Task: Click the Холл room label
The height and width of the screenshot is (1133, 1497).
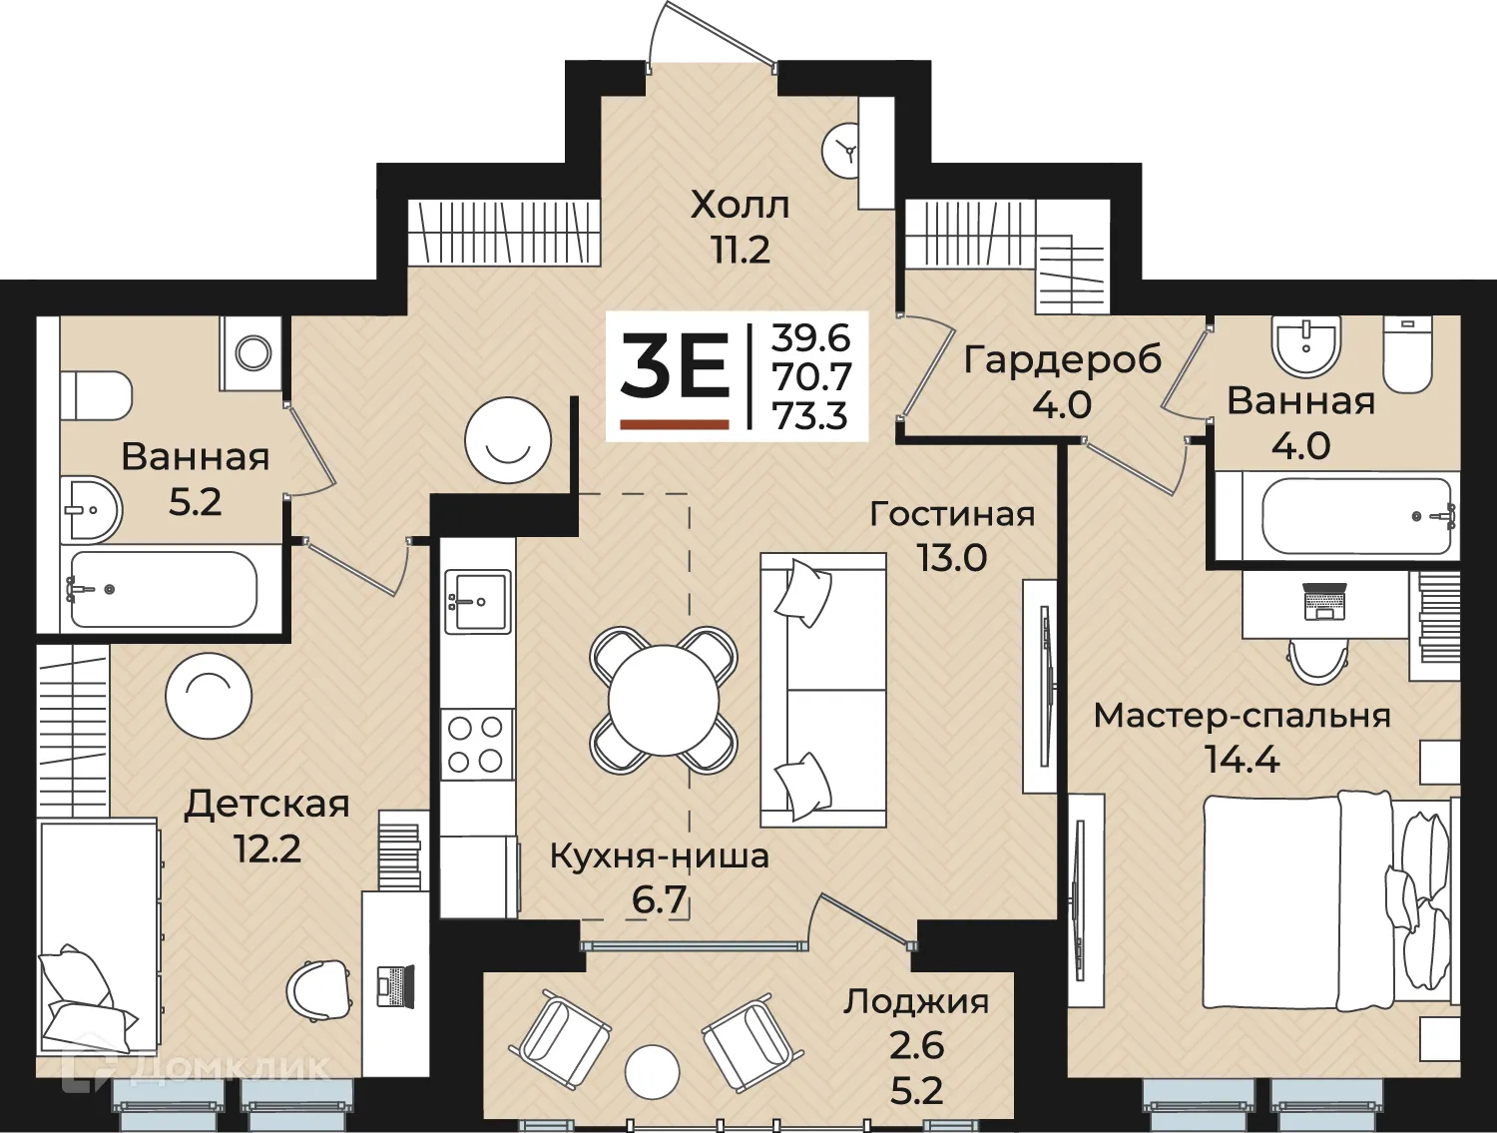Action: (x=740, y=206)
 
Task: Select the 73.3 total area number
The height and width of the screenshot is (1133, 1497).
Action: (x=810, y=414)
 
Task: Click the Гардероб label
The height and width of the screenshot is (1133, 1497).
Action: (x=1063, y=360)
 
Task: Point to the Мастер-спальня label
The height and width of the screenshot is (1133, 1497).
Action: (x=1242, y=716)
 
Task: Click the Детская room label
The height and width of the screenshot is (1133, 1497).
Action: (x=266, y=806)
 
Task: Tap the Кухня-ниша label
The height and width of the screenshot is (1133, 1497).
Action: (x=659, y=856)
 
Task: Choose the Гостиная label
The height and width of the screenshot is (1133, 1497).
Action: (x=952, y=514)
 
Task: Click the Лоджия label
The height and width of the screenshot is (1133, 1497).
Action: (x=916, y=1002)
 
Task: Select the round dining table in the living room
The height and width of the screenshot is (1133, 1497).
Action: (x=663, y=700)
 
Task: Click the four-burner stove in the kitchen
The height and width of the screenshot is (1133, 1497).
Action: (x=477, y=745)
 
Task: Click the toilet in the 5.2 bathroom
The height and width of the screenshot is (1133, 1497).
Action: (x=96, y=396)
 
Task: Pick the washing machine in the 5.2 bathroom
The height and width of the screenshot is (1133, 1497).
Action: (x=250, y=352)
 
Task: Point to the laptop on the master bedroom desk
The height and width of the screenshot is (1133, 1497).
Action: (x=1323, y=601)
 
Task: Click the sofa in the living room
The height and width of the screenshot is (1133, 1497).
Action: (x=823, y=690)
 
